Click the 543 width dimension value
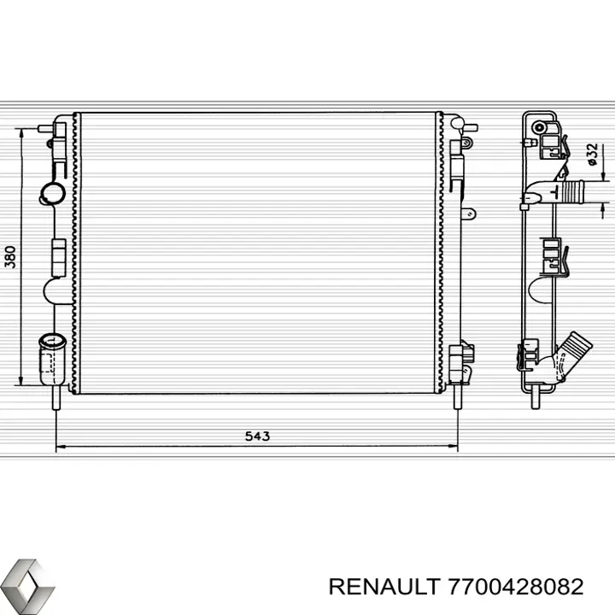point(257,436)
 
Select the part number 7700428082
point(516,587)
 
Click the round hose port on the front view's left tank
point(51,193)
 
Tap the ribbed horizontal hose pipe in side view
point(570,192)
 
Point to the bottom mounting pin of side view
point(534,395)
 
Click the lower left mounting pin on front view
point(56,399)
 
